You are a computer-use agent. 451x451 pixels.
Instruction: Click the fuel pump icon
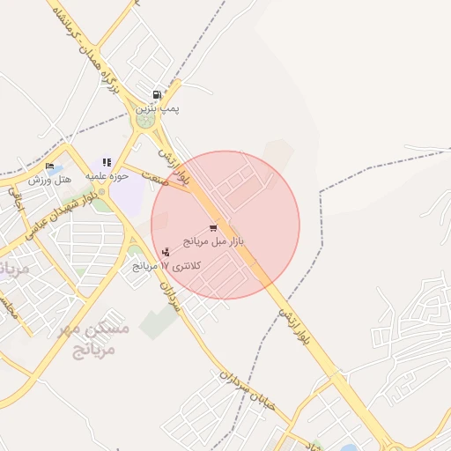[x=157, y=94]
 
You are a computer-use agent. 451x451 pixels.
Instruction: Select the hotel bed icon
[x=49, y=166]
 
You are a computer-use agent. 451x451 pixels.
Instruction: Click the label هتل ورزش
[x=49, y=179]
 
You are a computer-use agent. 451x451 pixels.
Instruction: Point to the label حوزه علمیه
[x=107, y=175]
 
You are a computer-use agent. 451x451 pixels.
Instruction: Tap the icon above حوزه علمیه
[x=107, y=162]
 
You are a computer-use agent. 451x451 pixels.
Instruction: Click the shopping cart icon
[x=213, y=228]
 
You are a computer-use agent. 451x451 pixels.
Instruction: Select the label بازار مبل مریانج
[x=213, y=240]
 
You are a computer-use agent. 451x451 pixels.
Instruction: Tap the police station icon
[x=166, y=253]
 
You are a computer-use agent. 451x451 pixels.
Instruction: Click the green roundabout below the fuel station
[x=146, y=117]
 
